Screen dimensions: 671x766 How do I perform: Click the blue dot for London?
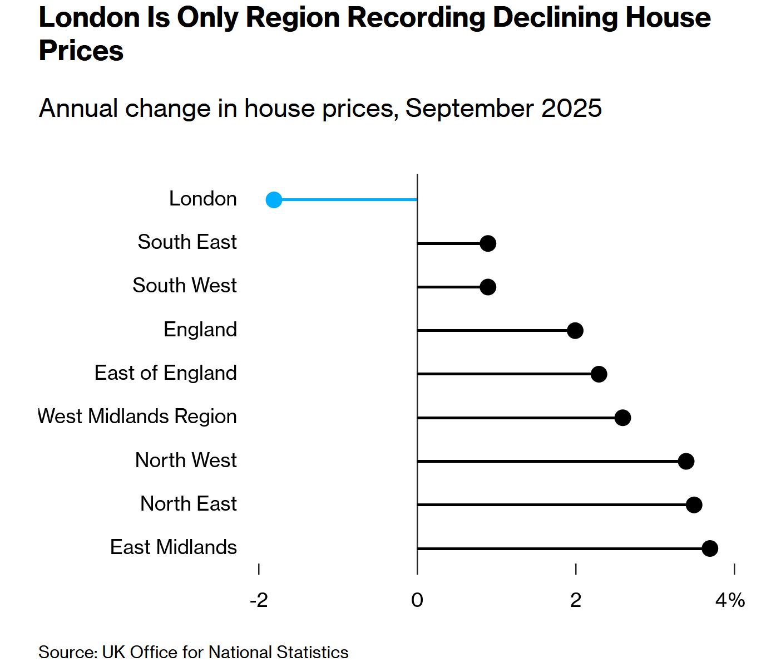tap(274, 200)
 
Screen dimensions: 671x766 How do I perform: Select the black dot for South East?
tap(488, 243)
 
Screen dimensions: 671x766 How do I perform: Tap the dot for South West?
tap(488, 287)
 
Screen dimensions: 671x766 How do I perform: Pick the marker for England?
tap(575, 330)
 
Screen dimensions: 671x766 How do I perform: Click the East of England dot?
tap(599, 374)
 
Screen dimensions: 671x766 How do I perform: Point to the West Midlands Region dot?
tap(622, 418)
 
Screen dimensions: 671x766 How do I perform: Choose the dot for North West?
tap(686, 461)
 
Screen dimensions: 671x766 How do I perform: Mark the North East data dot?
tap(694, 505)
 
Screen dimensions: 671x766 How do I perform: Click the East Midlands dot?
tap(710, 548)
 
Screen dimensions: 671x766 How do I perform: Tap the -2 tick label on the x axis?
tap(259, 600)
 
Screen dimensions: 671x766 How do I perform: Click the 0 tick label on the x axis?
tap(417, 600)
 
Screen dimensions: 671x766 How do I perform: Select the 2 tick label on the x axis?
tap(576, 600)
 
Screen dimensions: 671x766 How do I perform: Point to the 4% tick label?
tap(730, 600)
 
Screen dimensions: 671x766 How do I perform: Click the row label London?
tap(203, 199)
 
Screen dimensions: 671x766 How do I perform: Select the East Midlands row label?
tap(174, 547)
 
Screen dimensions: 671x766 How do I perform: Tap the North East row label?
tap(189, 504)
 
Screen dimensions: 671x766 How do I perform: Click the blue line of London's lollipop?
tap(350, 199)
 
